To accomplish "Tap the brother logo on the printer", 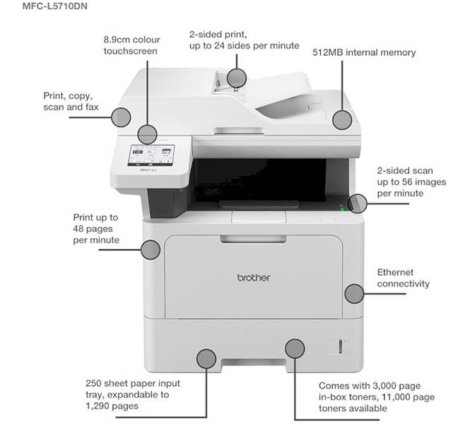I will click(253, 278).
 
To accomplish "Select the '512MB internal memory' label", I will click(364, 52).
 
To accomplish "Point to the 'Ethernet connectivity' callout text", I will click(403, 278).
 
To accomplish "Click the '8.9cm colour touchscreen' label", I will click(130, 45).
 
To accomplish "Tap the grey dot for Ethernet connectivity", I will click(353, 292).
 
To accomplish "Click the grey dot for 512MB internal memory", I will click(343, 119).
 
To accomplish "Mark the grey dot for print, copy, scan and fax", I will click(121, 117).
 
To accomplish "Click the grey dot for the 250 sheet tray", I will click(206, 358).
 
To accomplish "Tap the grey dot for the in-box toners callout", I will click(295, 348).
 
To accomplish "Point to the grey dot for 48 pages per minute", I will click(151, 249).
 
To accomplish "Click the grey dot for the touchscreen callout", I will click(148, 133).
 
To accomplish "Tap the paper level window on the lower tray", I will click(336, 347).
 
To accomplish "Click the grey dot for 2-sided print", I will click(237, 78).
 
